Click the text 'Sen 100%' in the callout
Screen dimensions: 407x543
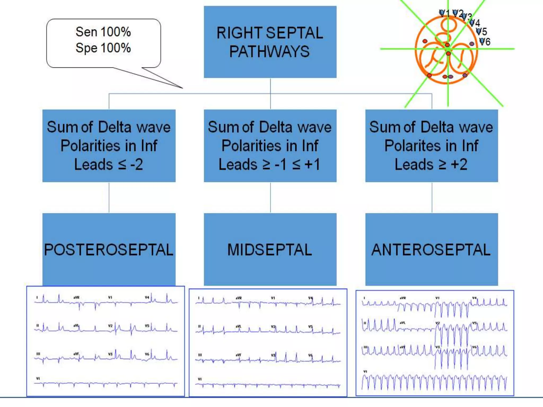103,32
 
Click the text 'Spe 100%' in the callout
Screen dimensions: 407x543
103,48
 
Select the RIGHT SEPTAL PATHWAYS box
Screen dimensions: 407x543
270,42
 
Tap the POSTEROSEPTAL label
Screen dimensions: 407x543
109,250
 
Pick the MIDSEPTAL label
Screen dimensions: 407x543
270,250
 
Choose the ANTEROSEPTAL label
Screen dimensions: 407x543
431,250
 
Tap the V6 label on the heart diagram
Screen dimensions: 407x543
485,42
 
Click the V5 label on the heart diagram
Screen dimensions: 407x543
482,32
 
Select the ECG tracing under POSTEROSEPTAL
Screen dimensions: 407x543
106,341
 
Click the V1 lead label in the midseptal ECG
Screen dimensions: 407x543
273,298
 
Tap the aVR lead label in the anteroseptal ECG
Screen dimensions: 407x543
403,298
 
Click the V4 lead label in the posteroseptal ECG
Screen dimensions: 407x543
147,298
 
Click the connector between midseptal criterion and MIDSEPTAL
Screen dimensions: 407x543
270,197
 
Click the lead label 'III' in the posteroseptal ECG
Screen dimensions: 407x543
38,354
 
